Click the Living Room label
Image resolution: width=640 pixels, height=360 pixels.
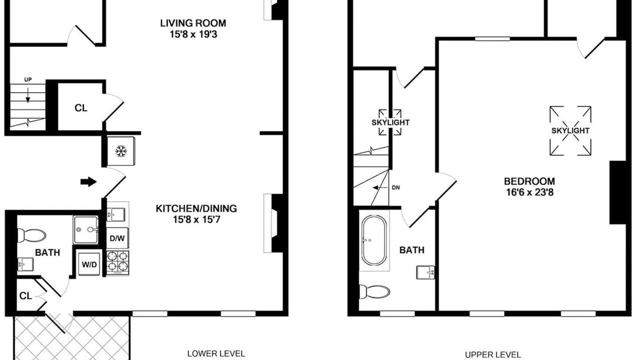click(x=193, y=23)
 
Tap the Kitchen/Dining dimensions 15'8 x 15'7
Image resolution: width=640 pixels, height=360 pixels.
click(x=196, y=219)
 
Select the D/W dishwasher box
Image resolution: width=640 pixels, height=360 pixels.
click(x=117, y=238)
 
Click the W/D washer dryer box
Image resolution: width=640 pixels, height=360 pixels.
click(x=89, y=264)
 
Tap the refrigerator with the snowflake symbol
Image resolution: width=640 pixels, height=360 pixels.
click(x=121, y=151)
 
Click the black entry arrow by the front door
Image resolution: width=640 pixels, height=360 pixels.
click(x=88, y=181)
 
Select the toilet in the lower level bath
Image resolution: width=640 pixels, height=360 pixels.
click(x=31, y=235)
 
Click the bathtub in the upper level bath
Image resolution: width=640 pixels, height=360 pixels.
click(x=374, y=240)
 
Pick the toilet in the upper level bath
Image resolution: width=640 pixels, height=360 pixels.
click(x=374, y=291)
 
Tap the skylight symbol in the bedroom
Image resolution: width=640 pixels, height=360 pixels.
click(x=570, y=131)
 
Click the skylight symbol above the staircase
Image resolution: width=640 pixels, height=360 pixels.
click(x=390, y=122)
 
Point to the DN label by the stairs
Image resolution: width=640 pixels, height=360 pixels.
click(x=395, y=187)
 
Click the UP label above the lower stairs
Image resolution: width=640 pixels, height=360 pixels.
click(x=27, y=79)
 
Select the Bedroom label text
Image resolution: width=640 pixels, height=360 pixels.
click(x=529, y=181)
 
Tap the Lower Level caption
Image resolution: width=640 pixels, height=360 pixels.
click(x=216, y=353)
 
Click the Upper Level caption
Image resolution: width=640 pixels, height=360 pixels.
click(x=493, y=354)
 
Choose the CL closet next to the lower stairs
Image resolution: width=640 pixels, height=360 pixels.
click(x=81, y=108)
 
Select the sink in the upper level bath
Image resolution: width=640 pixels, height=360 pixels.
click(x=425, y=272)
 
